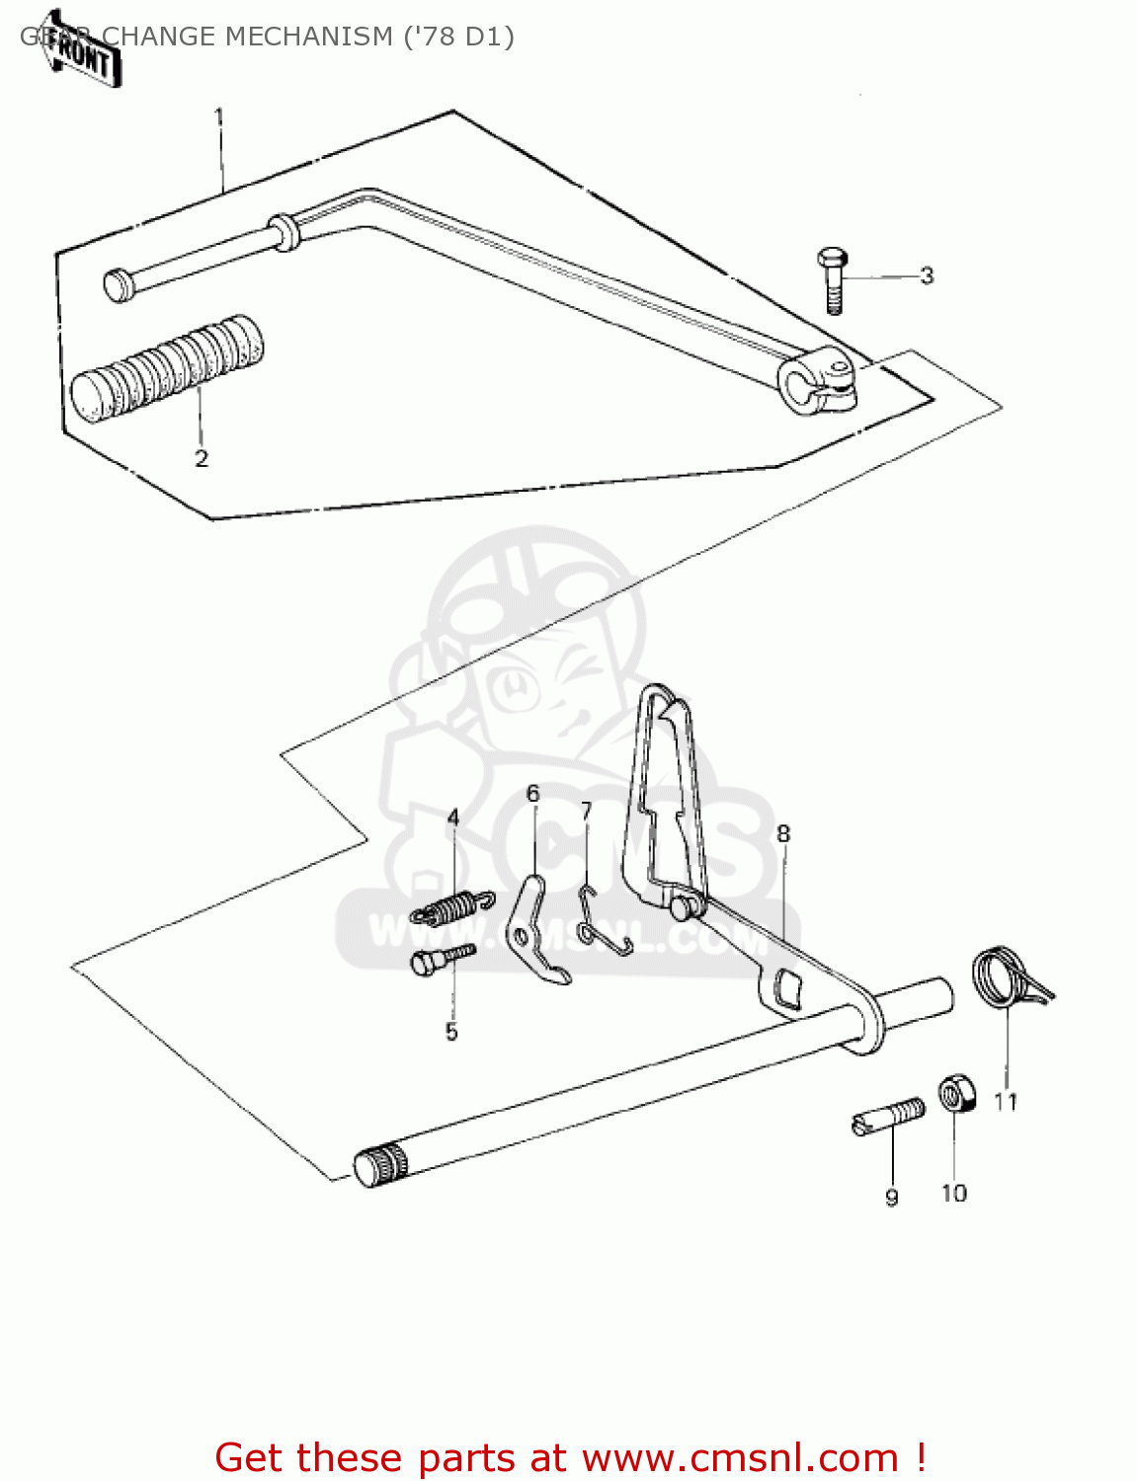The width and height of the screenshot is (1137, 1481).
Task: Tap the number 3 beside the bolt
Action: coord(926,275)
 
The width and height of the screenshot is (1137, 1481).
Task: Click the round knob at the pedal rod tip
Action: coord(119,285)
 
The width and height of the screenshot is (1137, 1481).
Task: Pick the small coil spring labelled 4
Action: coord(452,905)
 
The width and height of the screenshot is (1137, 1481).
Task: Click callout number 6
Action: coord(532,794)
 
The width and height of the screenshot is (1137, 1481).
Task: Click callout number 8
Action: coord(783,834)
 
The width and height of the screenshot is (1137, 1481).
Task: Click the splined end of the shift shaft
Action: coord(379,1166)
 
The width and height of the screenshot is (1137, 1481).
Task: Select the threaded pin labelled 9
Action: coord(888,1118)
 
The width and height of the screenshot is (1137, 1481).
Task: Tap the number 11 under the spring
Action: coord(1006,1102)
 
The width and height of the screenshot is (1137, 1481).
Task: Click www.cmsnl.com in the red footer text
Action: coord(740,1457)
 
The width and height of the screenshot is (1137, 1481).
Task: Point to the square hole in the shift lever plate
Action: coord(788,987)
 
